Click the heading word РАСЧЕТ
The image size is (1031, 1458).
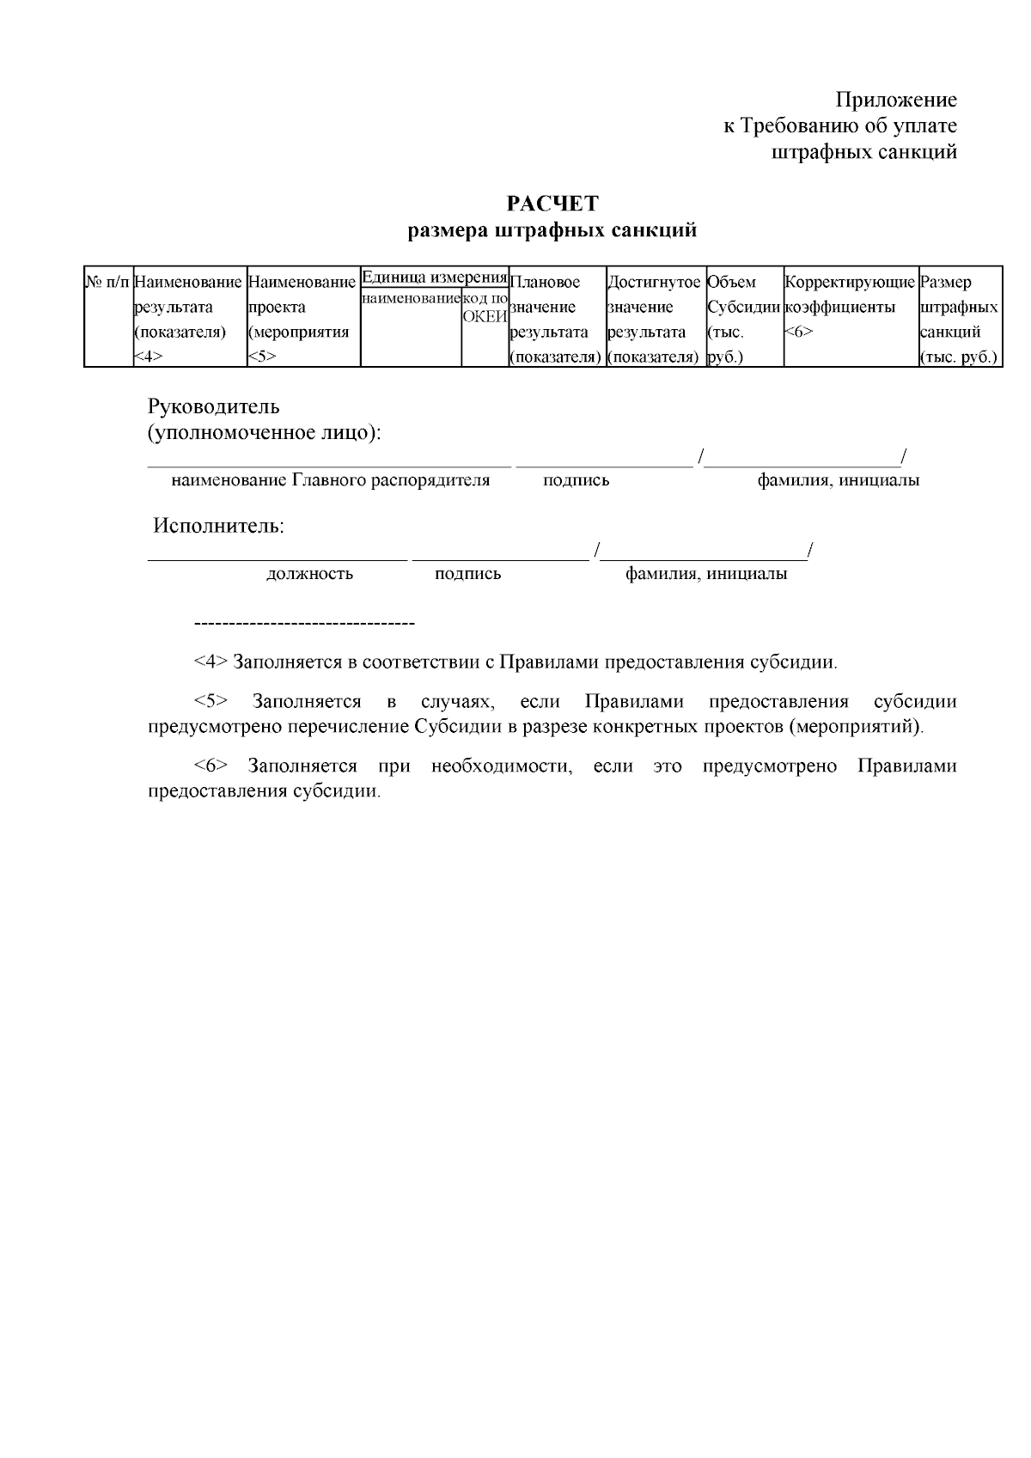pos(552,204)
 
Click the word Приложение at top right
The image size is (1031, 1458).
pos(896,100)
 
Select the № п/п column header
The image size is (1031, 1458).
pos(108,282)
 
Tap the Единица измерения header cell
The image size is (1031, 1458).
pos(434,277)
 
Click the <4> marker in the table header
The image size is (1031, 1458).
pos(149,357)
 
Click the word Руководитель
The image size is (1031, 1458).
pos(214,406)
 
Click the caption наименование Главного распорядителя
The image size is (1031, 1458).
pos(331,480)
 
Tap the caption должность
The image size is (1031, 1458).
pos(309,574)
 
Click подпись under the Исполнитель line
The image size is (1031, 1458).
pos(467,574)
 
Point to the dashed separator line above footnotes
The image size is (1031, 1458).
pos(305,623)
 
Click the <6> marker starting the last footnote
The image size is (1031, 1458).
pos(210,766)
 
